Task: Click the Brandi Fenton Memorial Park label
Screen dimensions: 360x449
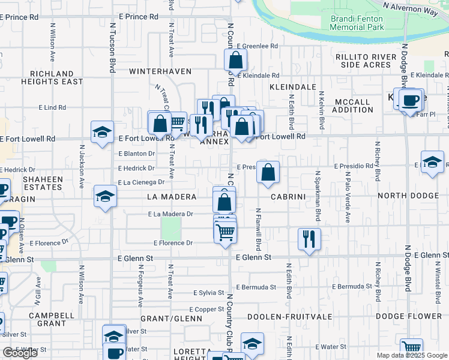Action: click(357, 23)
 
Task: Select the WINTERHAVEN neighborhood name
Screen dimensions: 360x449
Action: click(160, 71)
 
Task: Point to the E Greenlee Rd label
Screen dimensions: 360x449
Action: click(258, 46)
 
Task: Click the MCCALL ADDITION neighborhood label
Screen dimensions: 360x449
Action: click(354, 106)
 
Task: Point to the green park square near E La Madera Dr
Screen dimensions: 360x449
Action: click(171, 227)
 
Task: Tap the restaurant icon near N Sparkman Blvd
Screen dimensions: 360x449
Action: click(309, 239)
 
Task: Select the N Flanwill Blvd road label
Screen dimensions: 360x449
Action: click(259, 229)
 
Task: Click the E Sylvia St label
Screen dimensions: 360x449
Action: click(208, 293)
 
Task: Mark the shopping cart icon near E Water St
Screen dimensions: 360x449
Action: click(411, 348)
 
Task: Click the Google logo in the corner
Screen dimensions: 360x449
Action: click(20, 353)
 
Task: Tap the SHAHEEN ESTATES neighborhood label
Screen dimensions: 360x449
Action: click(43, 183)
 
